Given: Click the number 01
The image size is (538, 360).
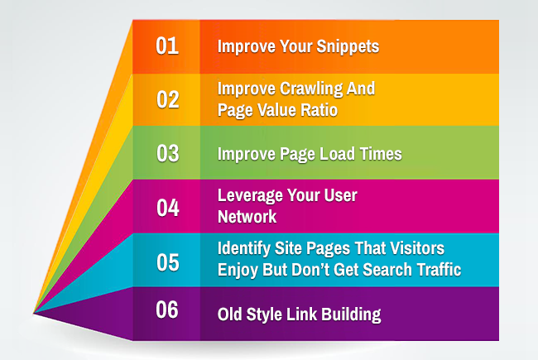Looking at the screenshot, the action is (167, 46).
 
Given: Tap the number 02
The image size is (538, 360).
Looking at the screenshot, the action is (168, 99).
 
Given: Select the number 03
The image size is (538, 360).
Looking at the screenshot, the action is (168, 153).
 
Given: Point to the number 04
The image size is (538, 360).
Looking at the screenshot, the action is (168, 208).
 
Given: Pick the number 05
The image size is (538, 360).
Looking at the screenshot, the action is (168, 262).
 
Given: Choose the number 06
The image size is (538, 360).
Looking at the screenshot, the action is (167, 310).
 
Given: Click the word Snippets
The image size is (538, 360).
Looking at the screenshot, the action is (348, 47).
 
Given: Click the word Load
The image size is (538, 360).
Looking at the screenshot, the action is (335, 154).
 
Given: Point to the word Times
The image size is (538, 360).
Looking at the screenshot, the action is (381, 154).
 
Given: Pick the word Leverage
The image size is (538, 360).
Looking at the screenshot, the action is (250, 196).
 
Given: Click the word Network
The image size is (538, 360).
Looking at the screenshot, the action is (247, 217).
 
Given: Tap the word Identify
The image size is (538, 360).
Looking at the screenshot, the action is (243, 249).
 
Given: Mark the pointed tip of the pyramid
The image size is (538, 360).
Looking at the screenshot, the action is (34, 313).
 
